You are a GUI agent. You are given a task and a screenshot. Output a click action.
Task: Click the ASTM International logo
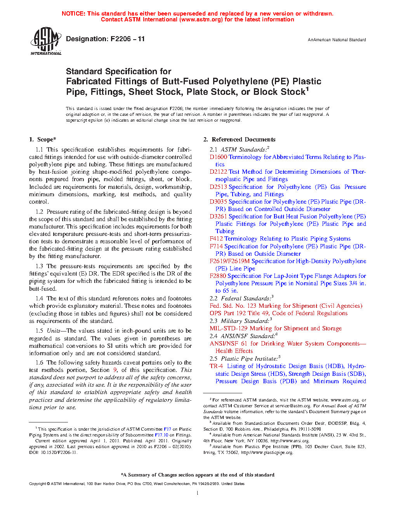pyautogui.click(x=45, y=41)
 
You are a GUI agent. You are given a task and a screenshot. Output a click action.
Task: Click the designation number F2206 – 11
pyautogui.click(x=127, y=39)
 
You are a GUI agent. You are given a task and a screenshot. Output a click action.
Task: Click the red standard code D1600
pyautogui.click(x=218, y=157)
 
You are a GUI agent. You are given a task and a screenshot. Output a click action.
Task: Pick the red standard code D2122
pyautogui.click(x=218, y=172)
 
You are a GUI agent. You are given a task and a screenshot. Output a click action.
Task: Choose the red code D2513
pyautogui.click(x=218, y=187)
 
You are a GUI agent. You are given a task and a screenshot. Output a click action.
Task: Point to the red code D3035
pyautogui.click(x=218, y=202)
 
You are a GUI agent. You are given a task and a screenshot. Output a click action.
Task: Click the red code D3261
pyautogui.click(x=218, y=216)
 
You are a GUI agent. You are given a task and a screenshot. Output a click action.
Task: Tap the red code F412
pyautogui.click(x=216, y=239)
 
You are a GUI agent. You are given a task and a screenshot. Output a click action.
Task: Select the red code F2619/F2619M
pyautogui.click(x=229, y=261)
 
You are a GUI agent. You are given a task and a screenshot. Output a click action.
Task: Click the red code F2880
pyautogui.click(x=218, y=276)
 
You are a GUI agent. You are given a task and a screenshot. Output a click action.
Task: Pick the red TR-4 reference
pyautogui.click(x=216, y=366)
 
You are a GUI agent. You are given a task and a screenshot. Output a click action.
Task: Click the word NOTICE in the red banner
pyautogui.click(x=73, y=14)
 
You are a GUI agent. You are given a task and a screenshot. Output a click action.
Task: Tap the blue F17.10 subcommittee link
pyautogui.click(x=162, y=435)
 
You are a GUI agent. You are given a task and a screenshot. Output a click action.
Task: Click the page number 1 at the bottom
pyautogui.click(x=198, y=493)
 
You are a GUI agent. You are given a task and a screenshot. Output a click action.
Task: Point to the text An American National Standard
pyautogui.click(x=337, y=40)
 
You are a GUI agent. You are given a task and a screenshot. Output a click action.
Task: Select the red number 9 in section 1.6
pyautogui.click(x=115, y=370)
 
